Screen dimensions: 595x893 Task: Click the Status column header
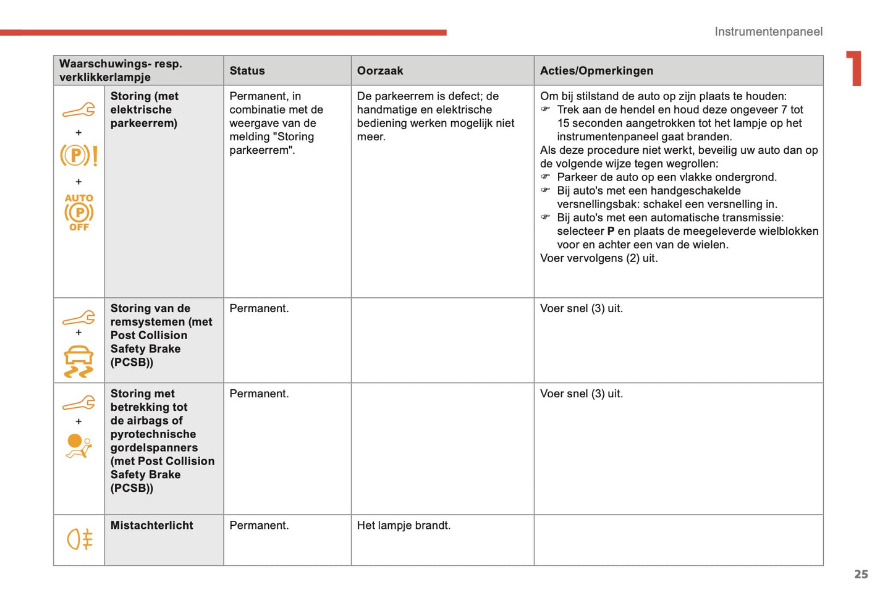tap(247, 71)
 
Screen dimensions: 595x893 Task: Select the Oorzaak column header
tap(379, 71)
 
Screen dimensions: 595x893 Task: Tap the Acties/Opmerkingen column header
tap(596, 71)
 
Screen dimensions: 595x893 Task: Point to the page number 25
tap(861, 574)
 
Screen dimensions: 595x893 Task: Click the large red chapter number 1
tap(854, 68)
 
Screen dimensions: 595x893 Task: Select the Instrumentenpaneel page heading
tap(768, 32)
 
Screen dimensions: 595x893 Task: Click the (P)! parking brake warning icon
tap(78, 155)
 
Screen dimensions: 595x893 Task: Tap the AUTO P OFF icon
tap(78, 213)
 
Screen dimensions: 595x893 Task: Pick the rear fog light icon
tap(79, 539)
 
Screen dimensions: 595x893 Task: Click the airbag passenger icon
tap(78, 445)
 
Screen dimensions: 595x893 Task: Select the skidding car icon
tap(78, 361)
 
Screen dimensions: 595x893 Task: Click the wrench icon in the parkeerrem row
tap(78, 110)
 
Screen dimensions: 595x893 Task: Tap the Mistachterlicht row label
tap(151, 525)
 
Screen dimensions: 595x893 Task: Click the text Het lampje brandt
tap(404, 525)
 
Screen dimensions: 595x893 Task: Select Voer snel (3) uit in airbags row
tap(581, 394)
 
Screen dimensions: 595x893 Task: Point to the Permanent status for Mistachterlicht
tap(259, 525)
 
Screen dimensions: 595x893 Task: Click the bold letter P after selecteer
tap(611, 231)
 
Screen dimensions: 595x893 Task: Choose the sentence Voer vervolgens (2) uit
tap(598, 258)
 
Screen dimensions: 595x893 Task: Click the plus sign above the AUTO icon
tap(78, 182)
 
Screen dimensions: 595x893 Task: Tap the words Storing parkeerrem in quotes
tap(272, 143)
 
